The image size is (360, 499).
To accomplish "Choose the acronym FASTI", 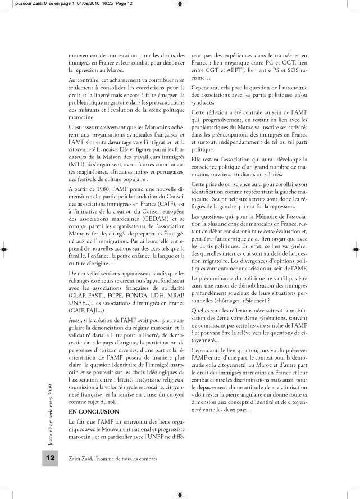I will tap(100, 294).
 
